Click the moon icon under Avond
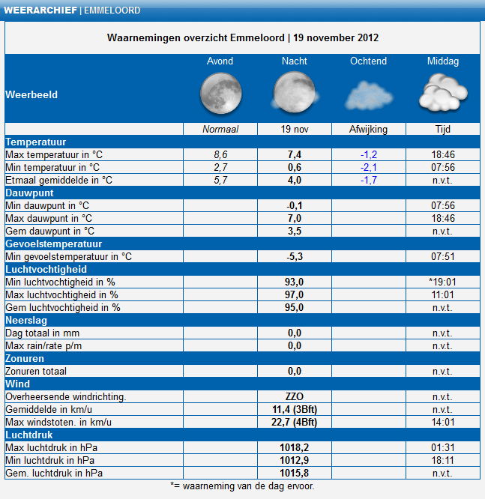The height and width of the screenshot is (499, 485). point(220,93)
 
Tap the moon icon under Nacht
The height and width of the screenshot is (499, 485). point(295,92)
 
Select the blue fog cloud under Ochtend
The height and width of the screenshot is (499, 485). point(369,95)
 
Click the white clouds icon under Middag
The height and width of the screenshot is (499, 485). point(443,93)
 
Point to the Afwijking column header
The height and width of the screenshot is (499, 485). point(369,129)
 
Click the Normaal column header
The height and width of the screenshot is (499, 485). point(220,129)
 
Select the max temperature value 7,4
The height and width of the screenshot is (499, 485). point(295,154)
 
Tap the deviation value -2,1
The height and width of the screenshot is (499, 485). point(369,167)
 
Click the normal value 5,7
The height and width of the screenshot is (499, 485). point(220,180)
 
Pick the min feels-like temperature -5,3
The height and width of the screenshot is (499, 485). point(295,256)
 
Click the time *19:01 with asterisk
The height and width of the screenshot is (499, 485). point(442,282)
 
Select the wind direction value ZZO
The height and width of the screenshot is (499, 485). point(295,396)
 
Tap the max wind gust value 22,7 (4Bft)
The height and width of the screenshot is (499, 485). point(295,422)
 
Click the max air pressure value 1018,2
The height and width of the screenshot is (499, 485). point(295,448)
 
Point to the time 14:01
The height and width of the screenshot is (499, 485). point(443,422)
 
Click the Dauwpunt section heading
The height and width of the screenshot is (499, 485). point(29,193)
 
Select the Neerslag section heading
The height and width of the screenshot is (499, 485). point(26,320)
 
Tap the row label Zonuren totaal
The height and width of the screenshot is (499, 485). point(36,371)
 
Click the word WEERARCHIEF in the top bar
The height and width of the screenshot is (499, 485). point(40,10)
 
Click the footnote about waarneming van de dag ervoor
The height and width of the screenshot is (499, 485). point(242,486)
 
